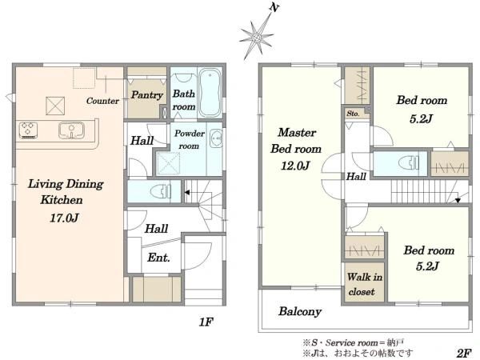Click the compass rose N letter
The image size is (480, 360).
click(274, 8)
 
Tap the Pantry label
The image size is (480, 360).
click(146, 95)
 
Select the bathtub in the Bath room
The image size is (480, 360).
click(210, 93)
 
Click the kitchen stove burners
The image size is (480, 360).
click(28, 130)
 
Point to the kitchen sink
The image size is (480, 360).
click(71, 130)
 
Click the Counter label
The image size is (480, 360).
click(102, 101)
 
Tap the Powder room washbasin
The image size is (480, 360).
click(217, 138)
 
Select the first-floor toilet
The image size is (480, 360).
click(161, 192)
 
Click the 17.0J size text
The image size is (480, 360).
click(65, 218)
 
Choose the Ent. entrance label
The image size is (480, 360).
click(158, 258)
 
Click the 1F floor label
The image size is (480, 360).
click(206, 322)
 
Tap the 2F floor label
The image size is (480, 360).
click(464, 354)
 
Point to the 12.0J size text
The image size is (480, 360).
click(295, 166)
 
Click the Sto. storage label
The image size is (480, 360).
click(353, 114)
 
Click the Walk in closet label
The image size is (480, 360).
click(364, 284)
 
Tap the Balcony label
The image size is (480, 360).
click(300, 312)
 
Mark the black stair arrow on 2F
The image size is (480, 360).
click(458, 201)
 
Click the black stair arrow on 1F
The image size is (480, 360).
click(186, 193)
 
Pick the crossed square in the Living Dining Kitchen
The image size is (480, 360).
click(55, 106)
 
